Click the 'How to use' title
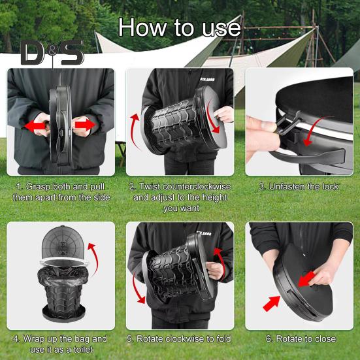(x=180, y=27)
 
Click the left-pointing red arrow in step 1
(x=33, y=125)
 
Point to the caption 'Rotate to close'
(x=301, y=338)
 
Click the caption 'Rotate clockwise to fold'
(x=180, y=338)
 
